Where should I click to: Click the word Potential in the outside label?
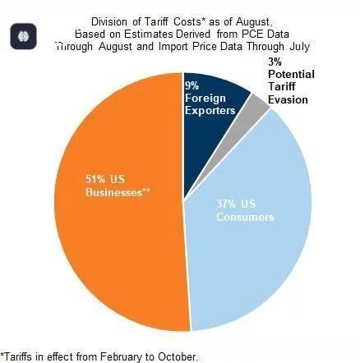tap(291, 75)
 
